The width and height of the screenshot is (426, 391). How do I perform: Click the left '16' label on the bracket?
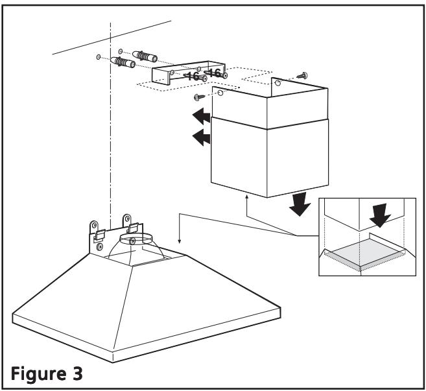[x=192, y=76]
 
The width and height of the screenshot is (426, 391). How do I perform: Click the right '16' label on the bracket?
[x=215, y=72]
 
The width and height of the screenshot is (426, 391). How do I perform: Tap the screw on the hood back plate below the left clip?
[x=99, y=246]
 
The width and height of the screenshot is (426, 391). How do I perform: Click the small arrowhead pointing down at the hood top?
[x=180, y=241]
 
